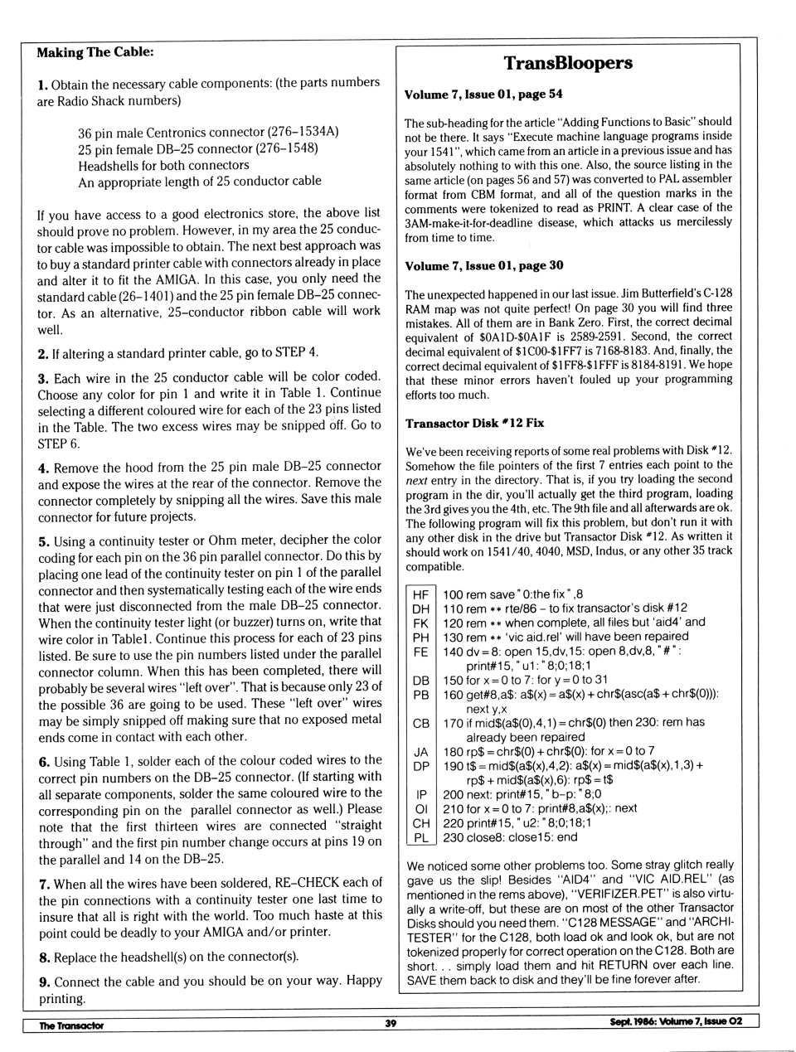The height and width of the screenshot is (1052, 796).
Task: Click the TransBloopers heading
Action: coord(568,63)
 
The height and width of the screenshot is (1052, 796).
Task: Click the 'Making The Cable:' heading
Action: coord(95,52)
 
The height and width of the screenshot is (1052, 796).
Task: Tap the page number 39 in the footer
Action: coord(391,1023)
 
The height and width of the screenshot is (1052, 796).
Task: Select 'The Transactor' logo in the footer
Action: coord(71,1025)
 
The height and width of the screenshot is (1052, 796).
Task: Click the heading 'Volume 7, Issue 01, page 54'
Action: coord(483,95)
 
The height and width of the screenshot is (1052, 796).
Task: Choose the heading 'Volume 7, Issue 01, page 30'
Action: coord(483,265)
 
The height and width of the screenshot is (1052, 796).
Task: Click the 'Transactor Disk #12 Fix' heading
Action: coord(474,423)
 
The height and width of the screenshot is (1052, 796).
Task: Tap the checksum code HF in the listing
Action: coord(421,594)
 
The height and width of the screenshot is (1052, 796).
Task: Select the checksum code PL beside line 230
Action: coord(421,837)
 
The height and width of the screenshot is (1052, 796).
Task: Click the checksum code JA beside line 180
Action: coord(421,751)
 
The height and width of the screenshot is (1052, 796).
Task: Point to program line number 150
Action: coord(454,680)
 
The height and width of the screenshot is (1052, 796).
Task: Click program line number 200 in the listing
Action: coord(454,793)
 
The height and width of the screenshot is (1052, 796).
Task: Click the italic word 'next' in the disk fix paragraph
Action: coord(418,480)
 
